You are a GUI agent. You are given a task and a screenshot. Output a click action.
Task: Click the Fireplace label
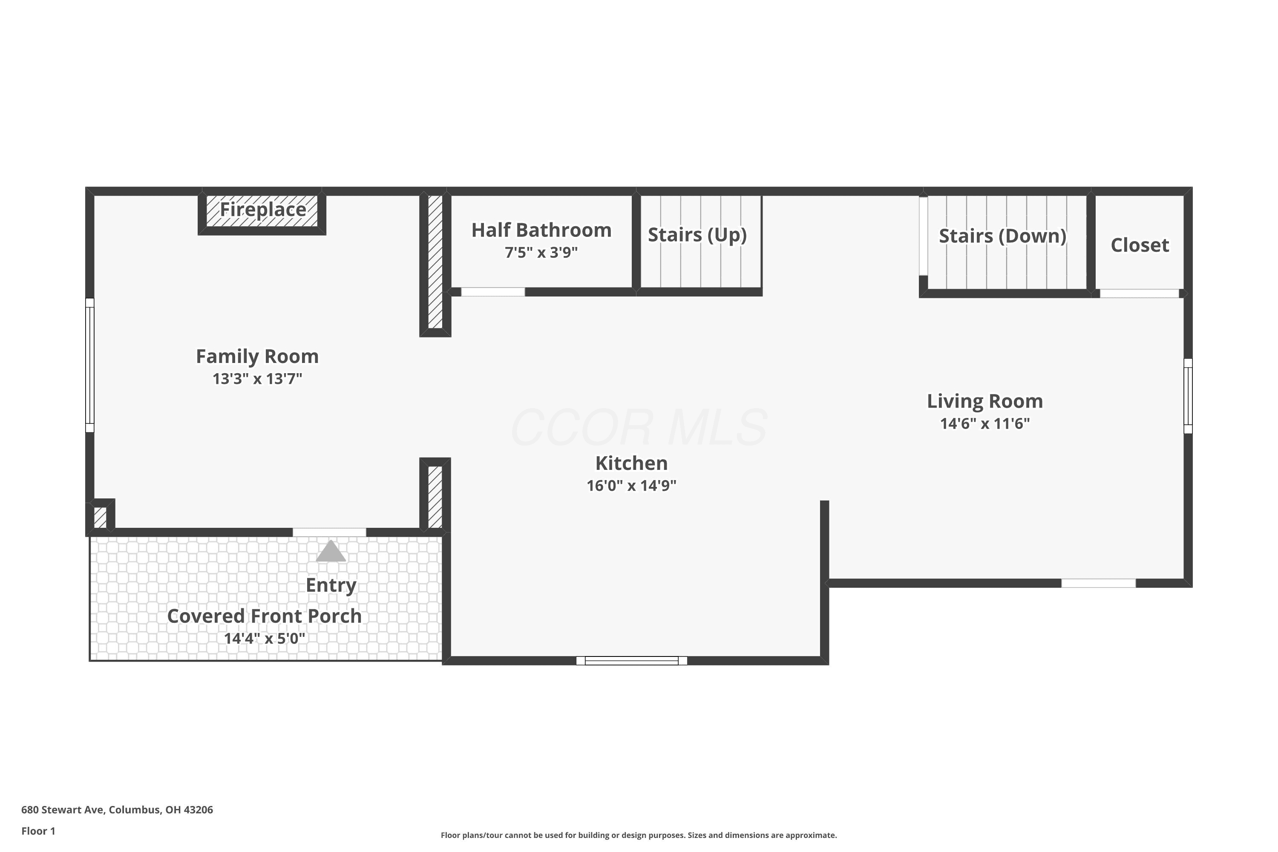[x=263, y=210]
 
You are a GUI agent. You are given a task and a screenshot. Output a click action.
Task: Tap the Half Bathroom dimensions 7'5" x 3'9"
[x=541, y=253]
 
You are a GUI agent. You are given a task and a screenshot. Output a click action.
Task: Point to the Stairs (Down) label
[x=1002, y=236]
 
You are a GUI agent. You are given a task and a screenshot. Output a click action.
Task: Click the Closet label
[x=1140, y=245]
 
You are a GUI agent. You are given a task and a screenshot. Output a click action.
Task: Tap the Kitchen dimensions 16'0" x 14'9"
[x=631, y=486]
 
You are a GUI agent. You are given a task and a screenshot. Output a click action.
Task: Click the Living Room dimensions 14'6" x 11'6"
[x=985, y=424]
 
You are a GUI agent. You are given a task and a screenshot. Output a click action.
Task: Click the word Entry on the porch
[x=331, y=585]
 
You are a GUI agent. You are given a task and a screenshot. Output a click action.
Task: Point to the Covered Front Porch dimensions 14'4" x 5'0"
[x=265, y=639]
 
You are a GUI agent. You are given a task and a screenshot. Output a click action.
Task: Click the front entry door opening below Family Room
[x=329, y=532]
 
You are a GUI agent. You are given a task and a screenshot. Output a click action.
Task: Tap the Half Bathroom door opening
[x=493, y=292]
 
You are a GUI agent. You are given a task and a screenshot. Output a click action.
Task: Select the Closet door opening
[x=1140, y=294]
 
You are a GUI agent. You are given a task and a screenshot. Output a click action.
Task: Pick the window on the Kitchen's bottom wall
[x=631, y=661]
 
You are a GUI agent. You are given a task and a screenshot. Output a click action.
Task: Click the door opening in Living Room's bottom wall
[x=1098, y=584]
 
